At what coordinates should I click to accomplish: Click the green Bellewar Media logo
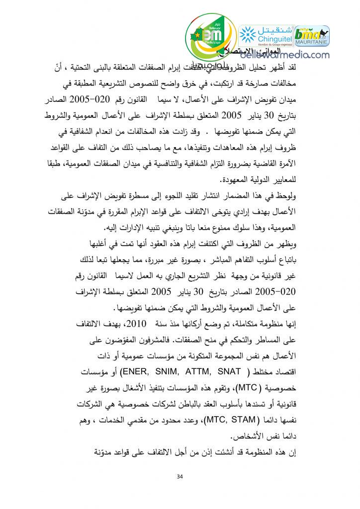(x=208, y=37)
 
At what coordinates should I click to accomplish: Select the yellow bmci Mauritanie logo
(x=312, y=35)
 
